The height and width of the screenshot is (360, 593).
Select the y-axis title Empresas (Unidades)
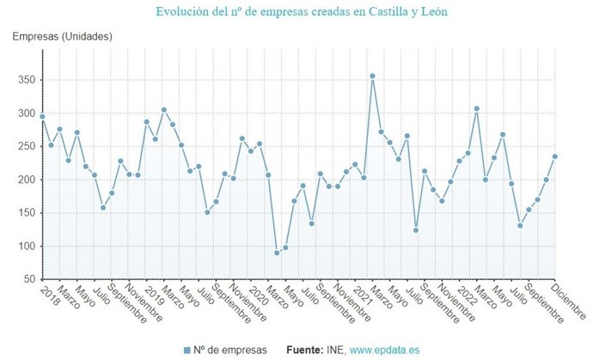click(62, 36)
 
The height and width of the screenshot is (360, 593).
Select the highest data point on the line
click(372, 76)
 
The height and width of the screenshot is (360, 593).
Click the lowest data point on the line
click(277, 253)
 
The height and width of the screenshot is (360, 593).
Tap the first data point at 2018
click(42, 116)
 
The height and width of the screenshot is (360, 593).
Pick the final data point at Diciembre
click(555, 156)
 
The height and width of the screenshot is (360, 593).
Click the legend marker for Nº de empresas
click(187, 350)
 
